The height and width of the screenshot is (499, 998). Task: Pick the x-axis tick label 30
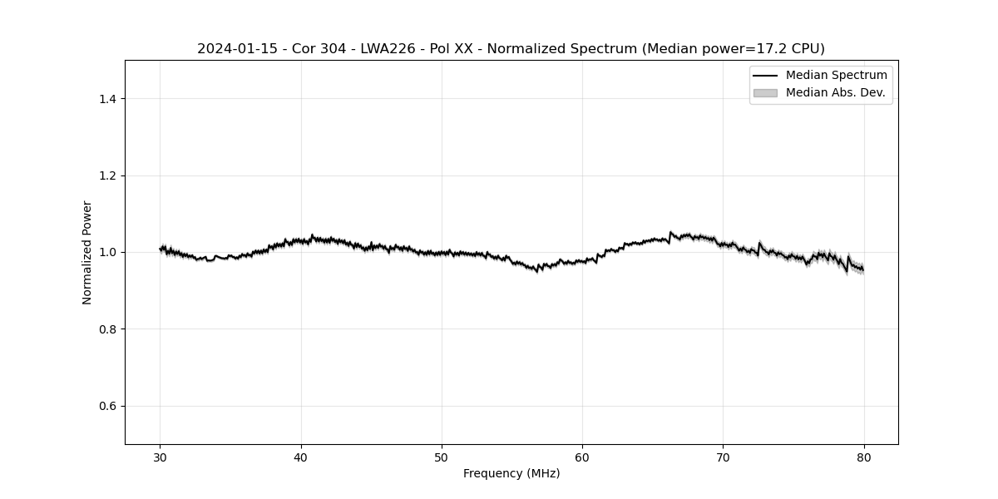click(161, 457)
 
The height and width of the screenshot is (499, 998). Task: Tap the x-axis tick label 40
click(301, 457)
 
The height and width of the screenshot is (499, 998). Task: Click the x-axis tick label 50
click(442, 457)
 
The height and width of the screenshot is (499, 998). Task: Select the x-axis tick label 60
click(582, 457)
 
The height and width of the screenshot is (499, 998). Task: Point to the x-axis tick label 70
click(723, 457)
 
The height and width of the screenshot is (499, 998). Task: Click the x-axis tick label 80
click(864, 457)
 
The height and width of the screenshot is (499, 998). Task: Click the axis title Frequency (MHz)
click(511, 473)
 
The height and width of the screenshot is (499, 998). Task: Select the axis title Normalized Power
click(87, 252)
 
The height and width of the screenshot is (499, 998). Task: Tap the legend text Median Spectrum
click(836, 76)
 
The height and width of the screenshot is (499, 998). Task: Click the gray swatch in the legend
click(765, 93)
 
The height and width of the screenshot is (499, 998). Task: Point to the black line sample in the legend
click(765, 76)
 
